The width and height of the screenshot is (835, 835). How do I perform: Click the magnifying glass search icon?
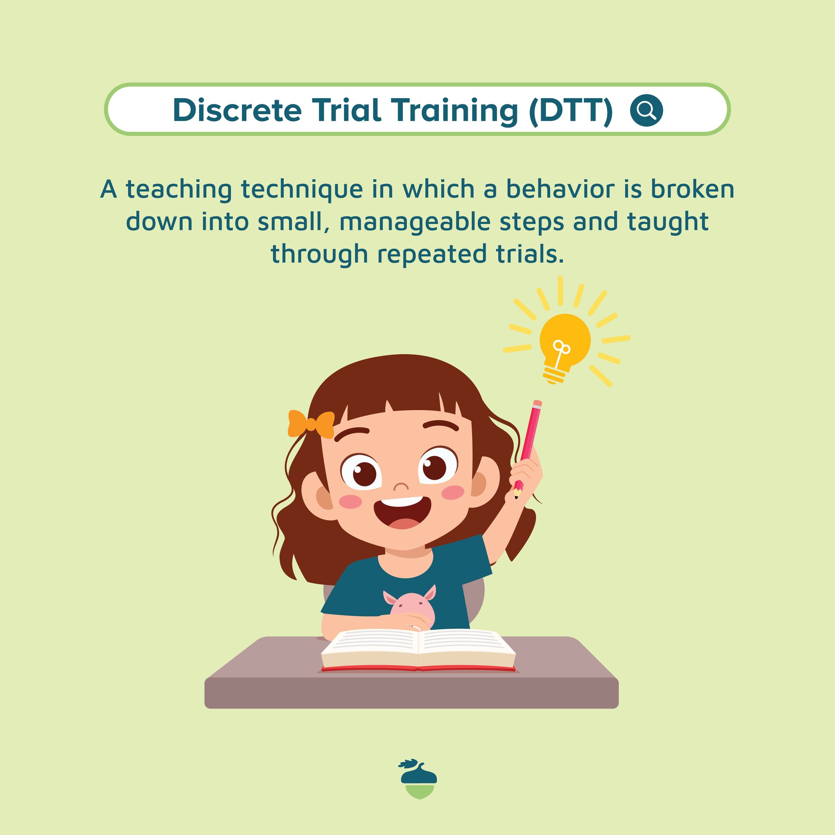(x=646, y=110)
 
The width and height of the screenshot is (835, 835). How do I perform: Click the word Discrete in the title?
(x=237, y=110)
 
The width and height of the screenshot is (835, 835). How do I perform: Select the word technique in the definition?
(x=302, y=190)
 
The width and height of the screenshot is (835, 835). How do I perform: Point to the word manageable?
(x=415, y=222)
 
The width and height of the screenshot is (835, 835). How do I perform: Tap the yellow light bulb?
(x=564, y=348)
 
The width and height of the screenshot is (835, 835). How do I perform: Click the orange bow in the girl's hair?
(x=311, y=424)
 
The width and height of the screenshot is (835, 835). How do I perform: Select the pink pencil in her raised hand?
(x=528, y=448)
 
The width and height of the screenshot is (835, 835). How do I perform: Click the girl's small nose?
(x=402, y=487)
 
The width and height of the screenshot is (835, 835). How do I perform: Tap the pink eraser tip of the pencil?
(x=537, y=404)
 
